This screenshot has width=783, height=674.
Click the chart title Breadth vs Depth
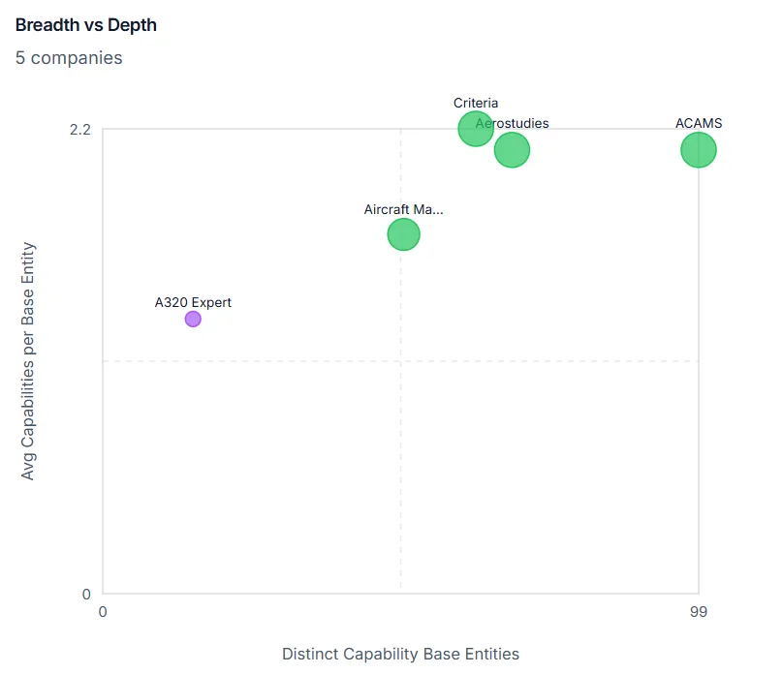[86, 25]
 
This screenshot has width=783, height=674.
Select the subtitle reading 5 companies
[69, 58]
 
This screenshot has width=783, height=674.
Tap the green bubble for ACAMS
[698, 149]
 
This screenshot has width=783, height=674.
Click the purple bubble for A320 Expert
[193, 319]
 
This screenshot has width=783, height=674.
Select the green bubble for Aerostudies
[513, 151]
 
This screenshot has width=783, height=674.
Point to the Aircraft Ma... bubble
[403, 234]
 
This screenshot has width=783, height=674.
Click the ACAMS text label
[698, 123]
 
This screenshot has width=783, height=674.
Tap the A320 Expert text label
[193, 302]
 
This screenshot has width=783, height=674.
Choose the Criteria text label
[476, 103]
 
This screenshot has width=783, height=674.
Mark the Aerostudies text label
[513, 123]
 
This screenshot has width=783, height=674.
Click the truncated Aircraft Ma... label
[403, 209]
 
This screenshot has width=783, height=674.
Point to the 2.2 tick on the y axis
[79, 130]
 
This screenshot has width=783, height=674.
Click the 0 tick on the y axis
[86, 594]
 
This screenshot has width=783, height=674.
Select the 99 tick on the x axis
[698, 612]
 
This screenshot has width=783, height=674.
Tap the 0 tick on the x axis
[104, 612]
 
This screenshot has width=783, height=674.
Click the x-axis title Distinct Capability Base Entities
[400, 654]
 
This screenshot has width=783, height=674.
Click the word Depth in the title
[133, 25]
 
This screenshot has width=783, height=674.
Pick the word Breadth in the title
[47, 25]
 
